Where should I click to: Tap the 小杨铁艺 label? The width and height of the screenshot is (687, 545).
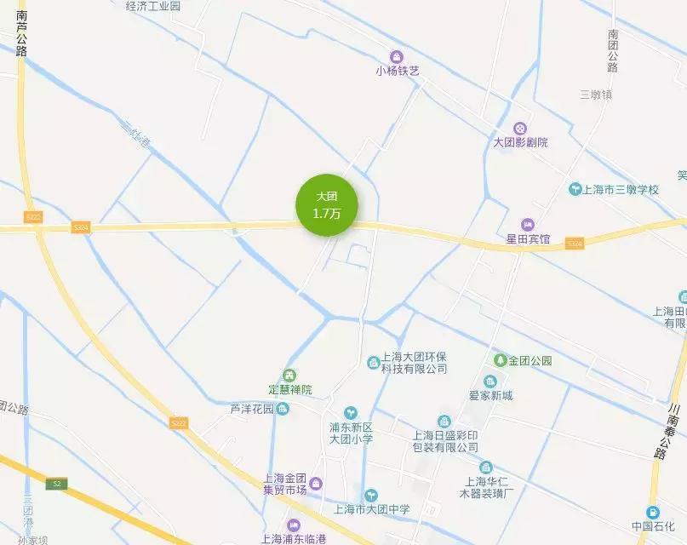pos(398,72)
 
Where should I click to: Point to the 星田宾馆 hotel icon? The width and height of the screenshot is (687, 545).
pos(528,224)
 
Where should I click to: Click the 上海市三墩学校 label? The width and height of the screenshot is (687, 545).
pos(621,189)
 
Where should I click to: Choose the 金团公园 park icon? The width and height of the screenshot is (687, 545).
pos(500,360)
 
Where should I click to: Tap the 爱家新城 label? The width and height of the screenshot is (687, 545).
pos(491,395)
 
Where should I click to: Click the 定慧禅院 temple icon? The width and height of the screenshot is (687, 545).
pos(289,375)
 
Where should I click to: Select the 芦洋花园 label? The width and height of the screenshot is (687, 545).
pos(251,409)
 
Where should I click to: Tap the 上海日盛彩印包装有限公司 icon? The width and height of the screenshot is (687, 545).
pos(444,422)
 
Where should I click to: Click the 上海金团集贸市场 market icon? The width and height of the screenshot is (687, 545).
pos(316,485)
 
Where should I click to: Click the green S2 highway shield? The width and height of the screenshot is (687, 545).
pos(57,483)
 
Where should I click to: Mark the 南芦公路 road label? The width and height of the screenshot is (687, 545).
pos(21,34)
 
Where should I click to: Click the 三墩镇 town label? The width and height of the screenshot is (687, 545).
pos(596,95)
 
